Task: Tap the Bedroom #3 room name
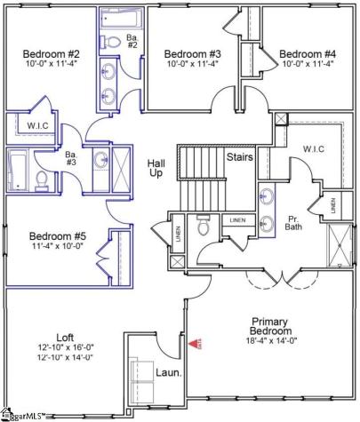[x=193, y=52]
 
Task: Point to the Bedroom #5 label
[x=56, y=235]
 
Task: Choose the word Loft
[x=65, y=337]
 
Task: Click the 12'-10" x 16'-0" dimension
[x=65, y=347]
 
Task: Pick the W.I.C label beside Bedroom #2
[x=38, y=125]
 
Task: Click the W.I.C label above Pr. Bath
[x=316, y=148]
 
